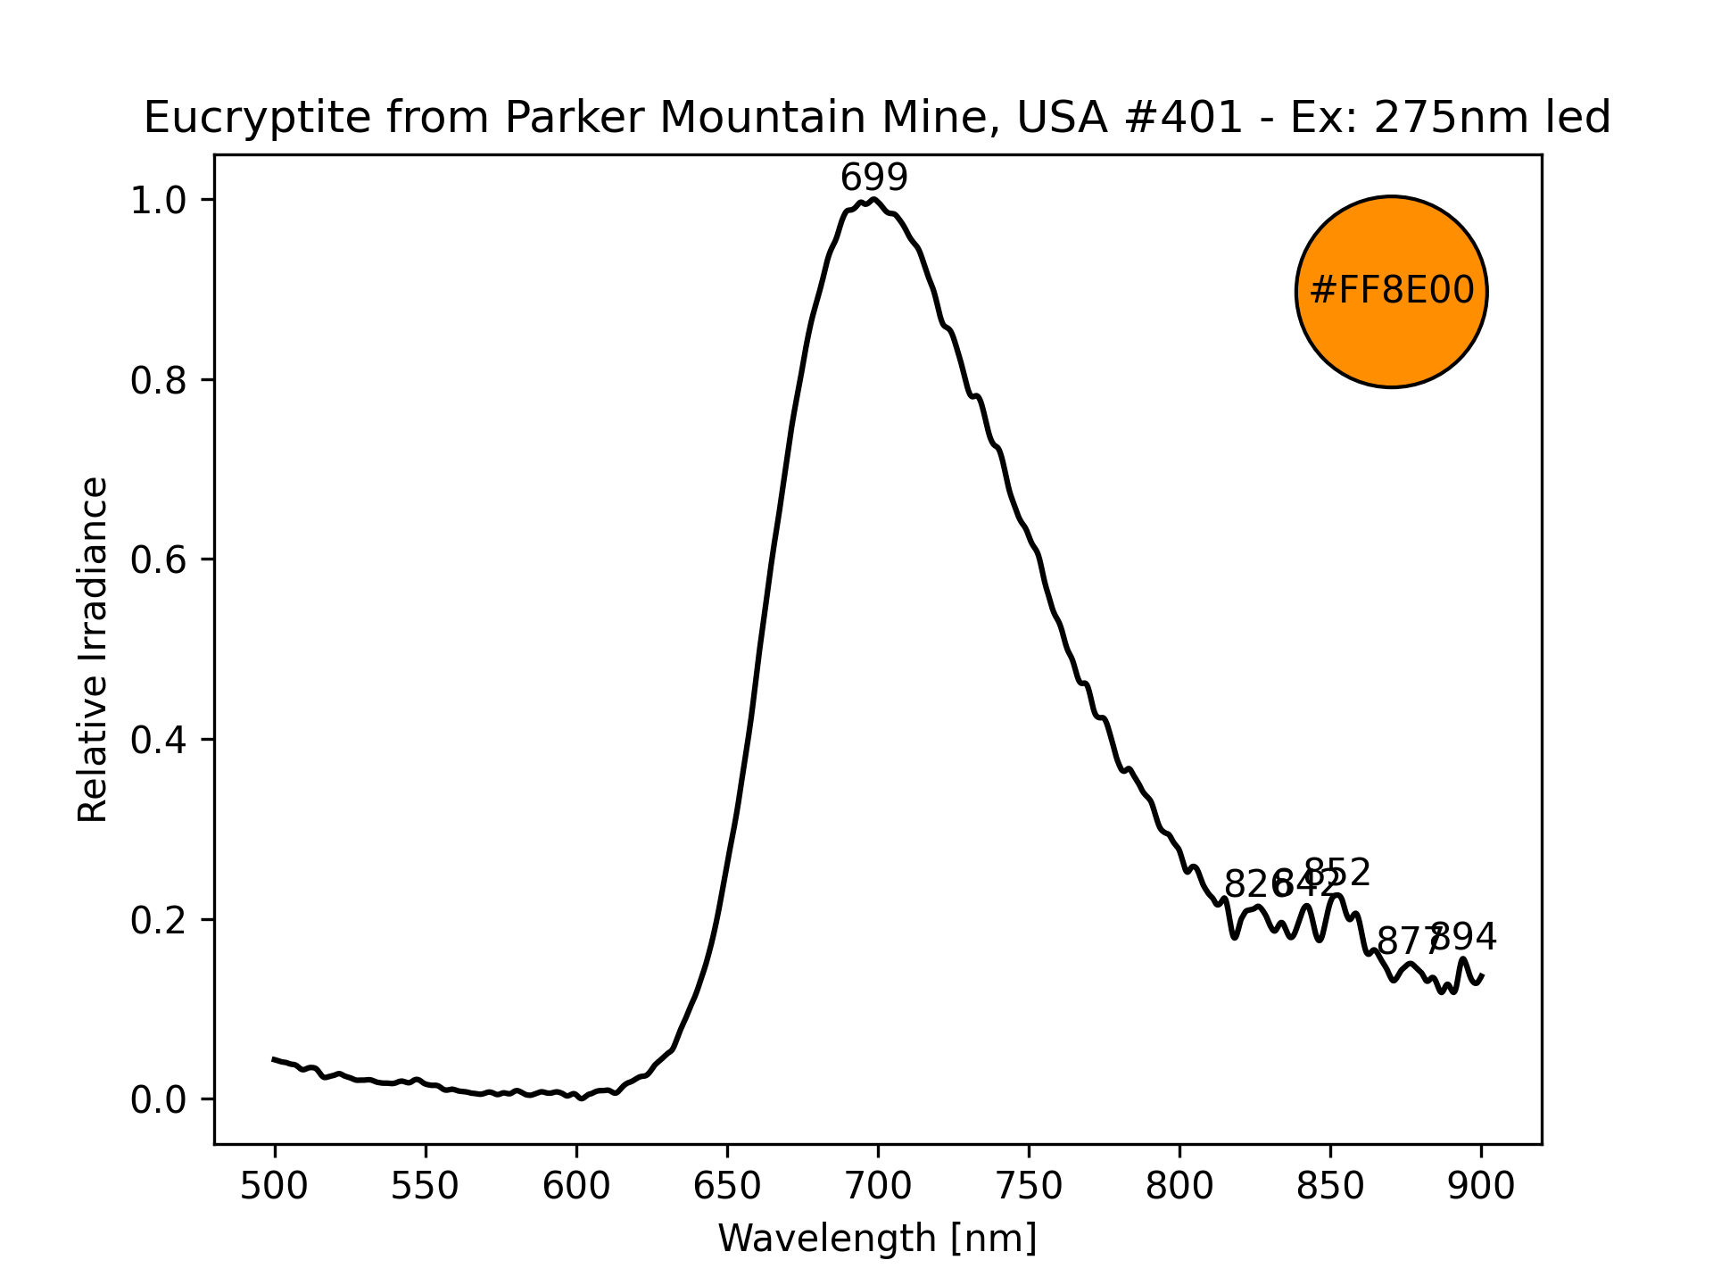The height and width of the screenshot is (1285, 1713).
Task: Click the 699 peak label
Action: pos(873,178)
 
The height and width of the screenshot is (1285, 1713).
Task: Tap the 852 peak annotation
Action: pos(1336,873)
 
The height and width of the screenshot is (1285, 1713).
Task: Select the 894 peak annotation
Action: pos(1463,937)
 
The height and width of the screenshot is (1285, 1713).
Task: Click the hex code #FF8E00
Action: pos(1391,292)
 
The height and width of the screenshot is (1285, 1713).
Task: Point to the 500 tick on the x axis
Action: pos(275,1186)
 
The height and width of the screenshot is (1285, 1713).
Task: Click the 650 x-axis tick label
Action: pos(727,1186)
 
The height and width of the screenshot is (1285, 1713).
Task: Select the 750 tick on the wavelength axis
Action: pos(1029,1186)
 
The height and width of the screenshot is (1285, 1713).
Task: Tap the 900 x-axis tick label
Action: pos(1481,1186)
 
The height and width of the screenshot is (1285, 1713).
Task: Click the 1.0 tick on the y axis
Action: pos(160,200)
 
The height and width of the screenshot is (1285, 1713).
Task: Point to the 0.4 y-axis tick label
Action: pos(160,740)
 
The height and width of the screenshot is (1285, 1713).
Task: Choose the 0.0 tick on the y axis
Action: pos(160,1099)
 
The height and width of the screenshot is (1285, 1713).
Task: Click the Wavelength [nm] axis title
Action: pos(877,1239)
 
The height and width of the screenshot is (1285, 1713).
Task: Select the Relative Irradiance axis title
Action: pos(94,649)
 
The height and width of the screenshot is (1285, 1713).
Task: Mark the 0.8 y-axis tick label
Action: pos(160,381)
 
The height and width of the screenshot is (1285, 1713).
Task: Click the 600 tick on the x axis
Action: pos(576,1186)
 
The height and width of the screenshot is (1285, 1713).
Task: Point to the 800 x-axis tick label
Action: pos(1179,1186)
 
